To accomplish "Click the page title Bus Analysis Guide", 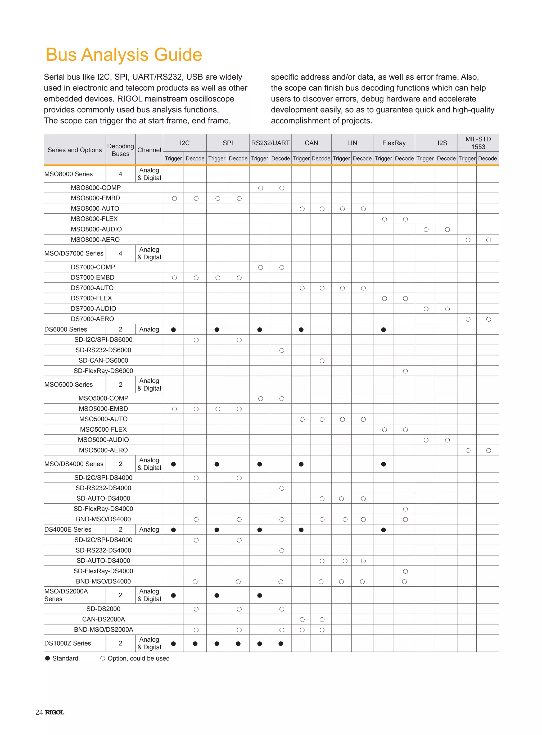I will [124, 54].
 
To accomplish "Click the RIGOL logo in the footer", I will [55, 712].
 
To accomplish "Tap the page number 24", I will [39, 712].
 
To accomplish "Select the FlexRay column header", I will [394, 143].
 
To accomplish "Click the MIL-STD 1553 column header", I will [478, 143].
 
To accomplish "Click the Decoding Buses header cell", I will [120, 150].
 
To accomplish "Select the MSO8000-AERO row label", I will [95, 240].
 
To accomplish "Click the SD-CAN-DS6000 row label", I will [103, 360].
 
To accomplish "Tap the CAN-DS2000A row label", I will [103, 619].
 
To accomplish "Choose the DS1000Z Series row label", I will [67, 643].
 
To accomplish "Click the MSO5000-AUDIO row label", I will [103, 440].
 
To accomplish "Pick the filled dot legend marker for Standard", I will [48, 658].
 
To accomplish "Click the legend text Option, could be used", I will [138, 658].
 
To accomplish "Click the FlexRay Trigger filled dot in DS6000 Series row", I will [383, 330].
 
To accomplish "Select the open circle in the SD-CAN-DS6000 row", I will [322, 360].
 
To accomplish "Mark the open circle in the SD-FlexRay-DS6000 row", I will [405, 371].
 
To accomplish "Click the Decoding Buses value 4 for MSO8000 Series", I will [120, 174].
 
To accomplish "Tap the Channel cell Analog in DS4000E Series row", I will [149, 529].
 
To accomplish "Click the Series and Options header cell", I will [75, 150].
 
